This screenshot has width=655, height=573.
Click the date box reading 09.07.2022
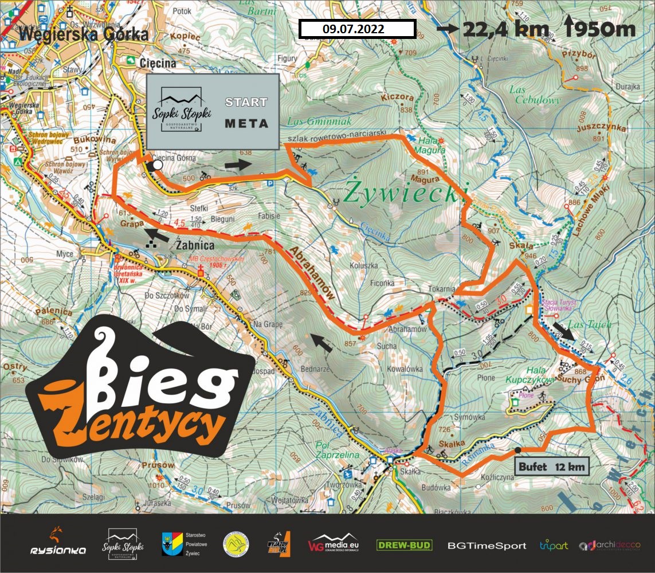(357, 29)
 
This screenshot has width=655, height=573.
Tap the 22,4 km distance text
(507, 29)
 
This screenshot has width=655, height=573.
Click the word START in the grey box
(246, 103)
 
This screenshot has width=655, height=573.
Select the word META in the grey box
(246, 123)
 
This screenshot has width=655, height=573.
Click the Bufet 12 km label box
(552, 467)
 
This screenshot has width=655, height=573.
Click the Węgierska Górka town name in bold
(83, 34)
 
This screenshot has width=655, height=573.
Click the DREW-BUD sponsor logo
(404, 545)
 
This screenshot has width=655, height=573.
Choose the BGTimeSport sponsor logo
(487, 545)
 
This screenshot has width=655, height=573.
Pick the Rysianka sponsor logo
(58, 544)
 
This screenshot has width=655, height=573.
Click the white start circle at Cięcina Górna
(158, 165)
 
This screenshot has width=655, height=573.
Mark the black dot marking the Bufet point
(518, 450)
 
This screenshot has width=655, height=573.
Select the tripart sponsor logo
(553, 545)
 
